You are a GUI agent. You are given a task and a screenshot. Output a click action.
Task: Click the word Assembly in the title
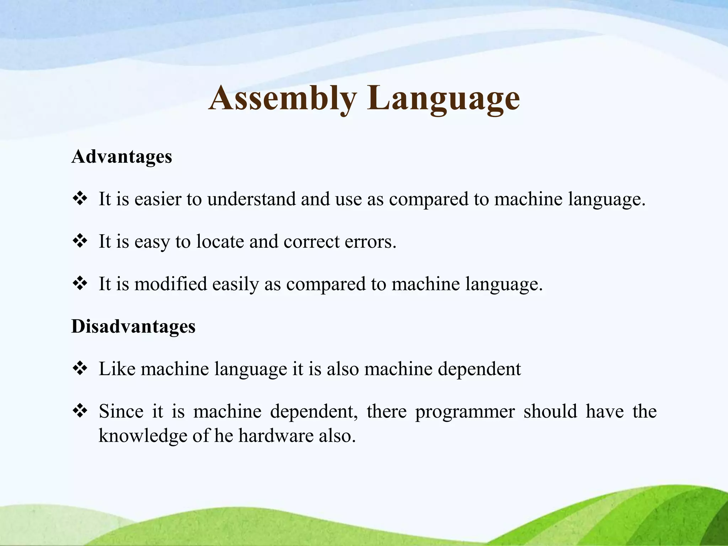point(283,98)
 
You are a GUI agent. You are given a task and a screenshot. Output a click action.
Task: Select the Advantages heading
point(122,156)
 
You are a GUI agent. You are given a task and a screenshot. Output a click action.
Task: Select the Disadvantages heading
point(133,326)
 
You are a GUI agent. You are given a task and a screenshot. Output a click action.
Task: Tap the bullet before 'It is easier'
point(80,199)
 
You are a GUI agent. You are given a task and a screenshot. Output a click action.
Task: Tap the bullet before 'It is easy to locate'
point(80,241)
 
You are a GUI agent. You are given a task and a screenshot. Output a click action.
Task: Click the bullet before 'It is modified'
point(80,284)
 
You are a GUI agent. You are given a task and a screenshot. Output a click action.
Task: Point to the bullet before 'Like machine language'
point(80,369)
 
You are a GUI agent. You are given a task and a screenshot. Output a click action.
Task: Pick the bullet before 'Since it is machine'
point(80,411)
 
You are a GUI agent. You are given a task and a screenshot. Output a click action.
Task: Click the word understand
point(251,199)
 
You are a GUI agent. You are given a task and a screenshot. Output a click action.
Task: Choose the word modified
point(171,284)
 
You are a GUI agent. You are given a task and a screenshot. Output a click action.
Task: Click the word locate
point(220,242)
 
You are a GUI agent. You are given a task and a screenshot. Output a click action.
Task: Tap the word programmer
point(465,412)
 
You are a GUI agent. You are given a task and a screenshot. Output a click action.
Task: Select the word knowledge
point(143,436)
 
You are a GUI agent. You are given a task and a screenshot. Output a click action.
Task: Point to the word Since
point(121,412)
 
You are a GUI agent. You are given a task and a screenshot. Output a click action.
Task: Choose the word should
point(550,412)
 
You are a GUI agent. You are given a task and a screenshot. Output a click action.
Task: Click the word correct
point(311,242)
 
